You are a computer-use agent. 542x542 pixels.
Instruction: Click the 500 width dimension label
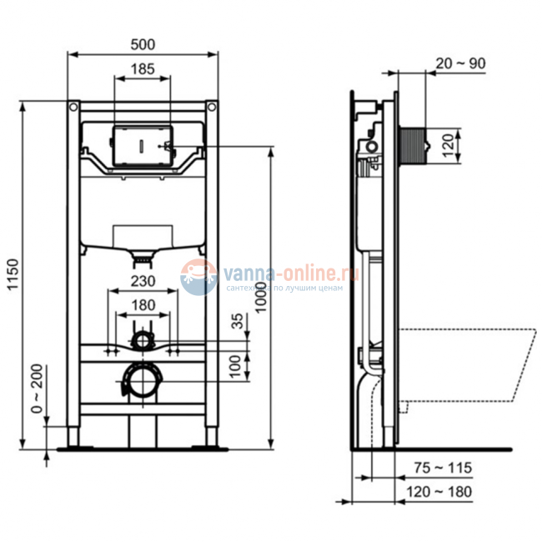pyautogui.click(x=143, y=43)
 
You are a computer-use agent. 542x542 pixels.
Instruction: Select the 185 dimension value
pyautogui.click(x=142, y=70)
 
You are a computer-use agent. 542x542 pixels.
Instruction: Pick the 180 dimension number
pyautogui.click(x=143, y=305)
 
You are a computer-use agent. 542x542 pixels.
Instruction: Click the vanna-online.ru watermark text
pyautogui.click(x=288, y=272)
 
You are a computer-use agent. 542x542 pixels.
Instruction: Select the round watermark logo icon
pyautogui.click(x=198, y=276)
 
